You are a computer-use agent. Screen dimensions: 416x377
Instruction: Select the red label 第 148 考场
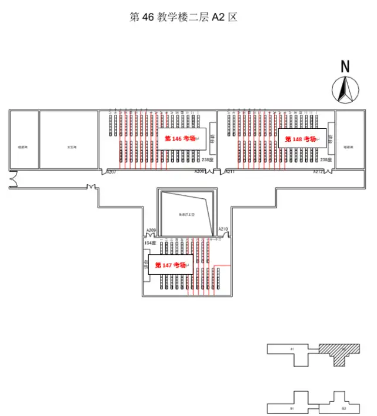coord(301,139)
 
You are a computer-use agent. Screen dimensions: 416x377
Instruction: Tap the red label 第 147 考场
coord(170,265)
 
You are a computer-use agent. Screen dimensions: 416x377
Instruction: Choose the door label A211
coord(229,171)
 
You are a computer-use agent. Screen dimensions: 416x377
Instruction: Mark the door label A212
coord(318,171)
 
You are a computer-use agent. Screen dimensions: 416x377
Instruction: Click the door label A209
coord(151,230)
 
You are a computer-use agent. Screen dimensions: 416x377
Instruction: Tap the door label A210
coord(223,228)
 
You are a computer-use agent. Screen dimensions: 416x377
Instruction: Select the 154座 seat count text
coord(150,242)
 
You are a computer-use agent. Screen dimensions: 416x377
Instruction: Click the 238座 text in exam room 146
coord(207,159)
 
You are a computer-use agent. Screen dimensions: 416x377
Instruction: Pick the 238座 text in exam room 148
coord(326,159)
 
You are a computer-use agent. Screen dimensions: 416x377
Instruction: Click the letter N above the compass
coord(345,66)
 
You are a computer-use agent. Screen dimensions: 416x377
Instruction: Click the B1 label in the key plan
coord(292,407)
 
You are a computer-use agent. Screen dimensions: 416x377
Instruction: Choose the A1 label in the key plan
coord(292,349)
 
